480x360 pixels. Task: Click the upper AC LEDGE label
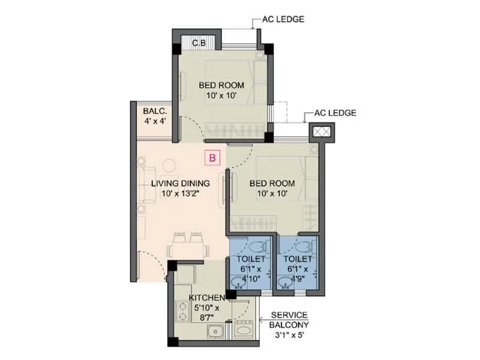click(x=283, y=19)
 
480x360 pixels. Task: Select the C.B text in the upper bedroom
click(x=199, y=43)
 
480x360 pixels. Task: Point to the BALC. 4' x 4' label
click(x=154, y=116)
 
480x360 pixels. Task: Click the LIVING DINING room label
click(x=180, y=188)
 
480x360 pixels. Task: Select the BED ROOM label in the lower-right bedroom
click(x=273, y=188)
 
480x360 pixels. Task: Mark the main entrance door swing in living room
click(x=150, y=264)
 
